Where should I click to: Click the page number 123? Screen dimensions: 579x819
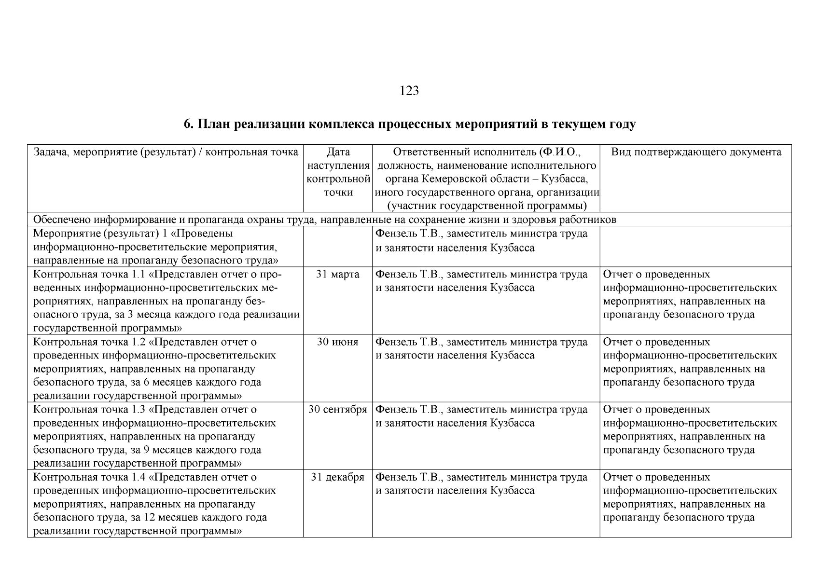click(409, 91)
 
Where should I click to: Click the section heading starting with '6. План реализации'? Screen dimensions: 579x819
click(409, 124)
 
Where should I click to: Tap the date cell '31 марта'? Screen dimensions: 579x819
click(337, 275)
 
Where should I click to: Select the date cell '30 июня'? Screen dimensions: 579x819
click(337, 342)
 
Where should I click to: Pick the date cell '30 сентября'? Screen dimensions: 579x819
click(337, 410)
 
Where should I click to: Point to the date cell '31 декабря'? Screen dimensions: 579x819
click(337, 477)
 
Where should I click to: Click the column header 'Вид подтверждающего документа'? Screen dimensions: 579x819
click(696, 152)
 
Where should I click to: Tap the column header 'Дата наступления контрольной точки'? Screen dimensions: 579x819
click(338, 172)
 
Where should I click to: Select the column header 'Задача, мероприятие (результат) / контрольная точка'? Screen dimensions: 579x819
click(166, 152)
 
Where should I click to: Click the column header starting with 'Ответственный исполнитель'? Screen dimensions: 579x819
click(486, 179)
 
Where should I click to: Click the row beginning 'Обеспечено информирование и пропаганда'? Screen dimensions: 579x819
click(324, 220)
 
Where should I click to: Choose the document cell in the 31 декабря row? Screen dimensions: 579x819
click(690, 497)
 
